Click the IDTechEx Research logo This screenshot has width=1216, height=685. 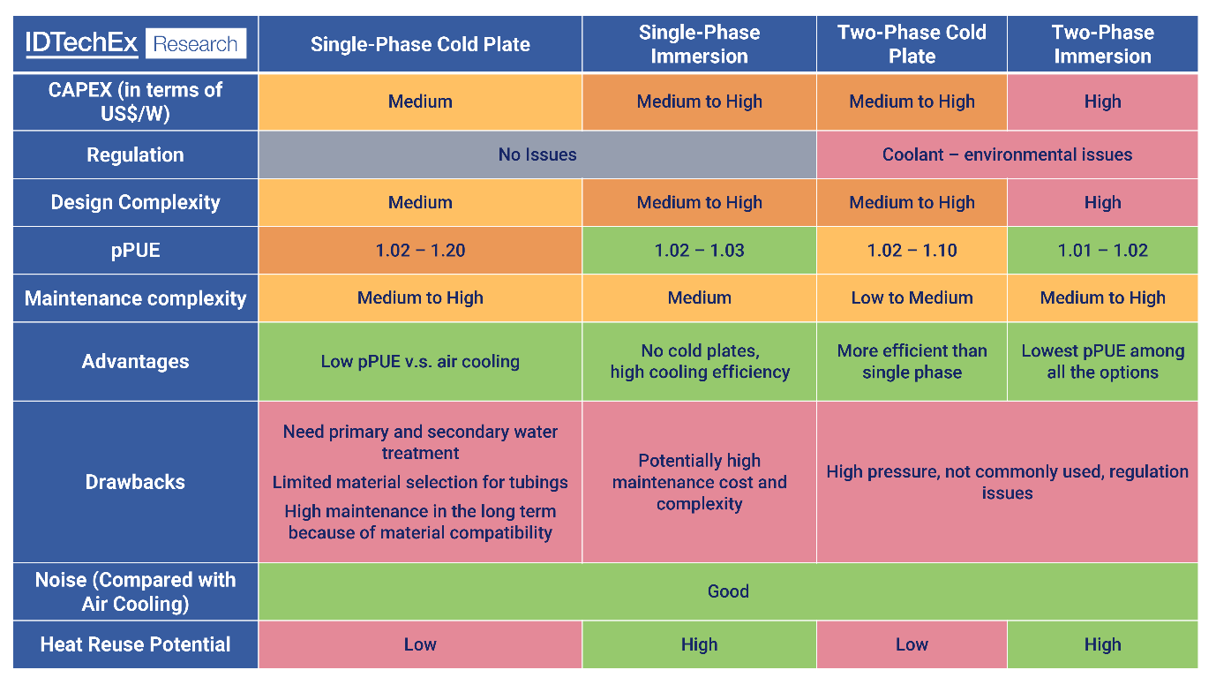[135, 44]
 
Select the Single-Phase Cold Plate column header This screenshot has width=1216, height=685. [420, 44]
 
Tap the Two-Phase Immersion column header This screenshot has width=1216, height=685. [1102, 44]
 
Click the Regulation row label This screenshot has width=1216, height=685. [135, 154]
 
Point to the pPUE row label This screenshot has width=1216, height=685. [135, 250]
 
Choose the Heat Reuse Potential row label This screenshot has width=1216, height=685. [135, 644]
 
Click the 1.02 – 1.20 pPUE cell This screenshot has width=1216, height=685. [420, 250]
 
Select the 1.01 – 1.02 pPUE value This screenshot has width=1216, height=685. [1102, 250]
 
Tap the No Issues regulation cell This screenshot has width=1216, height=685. [537, 154]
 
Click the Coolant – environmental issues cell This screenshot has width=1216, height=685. [1007, 154]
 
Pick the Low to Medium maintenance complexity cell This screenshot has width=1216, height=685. [912, 297]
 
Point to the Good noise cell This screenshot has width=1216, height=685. [728, 591]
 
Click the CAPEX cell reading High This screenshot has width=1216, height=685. [1102, 102]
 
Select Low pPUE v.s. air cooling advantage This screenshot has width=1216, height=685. [420, 361]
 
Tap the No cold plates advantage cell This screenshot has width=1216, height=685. [699, 361]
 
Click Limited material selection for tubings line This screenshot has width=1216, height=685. [420, 482]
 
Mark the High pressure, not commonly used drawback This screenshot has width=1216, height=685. [1007, 482]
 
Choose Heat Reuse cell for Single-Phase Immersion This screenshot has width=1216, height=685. [699, 644]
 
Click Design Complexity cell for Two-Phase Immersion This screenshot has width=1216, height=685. [1102, 202]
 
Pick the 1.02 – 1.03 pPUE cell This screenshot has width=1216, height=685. [699, 250]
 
